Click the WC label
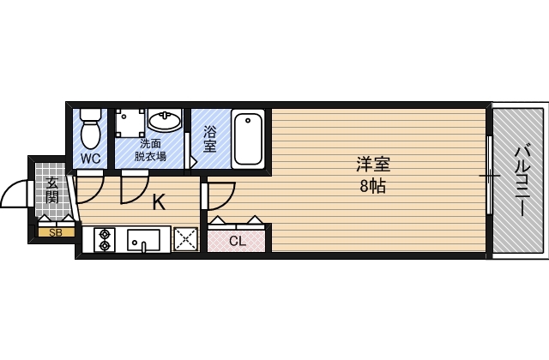[92, 159]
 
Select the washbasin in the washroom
[164, 121]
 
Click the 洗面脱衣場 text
[151, 150]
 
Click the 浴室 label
[209, 140]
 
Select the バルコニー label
[521, 181]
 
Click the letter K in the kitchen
[159, 203]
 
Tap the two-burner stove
[106, 239]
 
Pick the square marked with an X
[186, 239]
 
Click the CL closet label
[237, 241]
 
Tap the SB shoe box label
[55, 231]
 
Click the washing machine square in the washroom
[130, 123]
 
